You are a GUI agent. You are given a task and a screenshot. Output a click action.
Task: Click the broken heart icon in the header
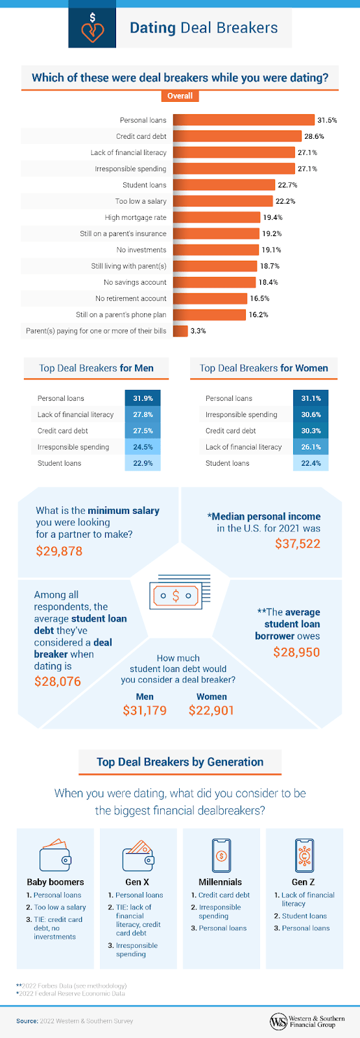(92, 27)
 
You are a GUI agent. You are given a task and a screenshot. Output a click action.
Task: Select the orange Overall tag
(180, 96)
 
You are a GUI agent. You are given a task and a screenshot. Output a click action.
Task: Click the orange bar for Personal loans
(243, 120)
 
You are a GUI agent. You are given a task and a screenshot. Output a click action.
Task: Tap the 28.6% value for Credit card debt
(314, 136)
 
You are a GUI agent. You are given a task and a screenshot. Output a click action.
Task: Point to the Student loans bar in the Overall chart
(223, 185)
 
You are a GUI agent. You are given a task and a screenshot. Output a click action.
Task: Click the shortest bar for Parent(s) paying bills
(180, 331)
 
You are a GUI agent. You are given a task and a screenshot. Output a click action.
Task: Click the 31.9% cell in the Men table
(143, 398)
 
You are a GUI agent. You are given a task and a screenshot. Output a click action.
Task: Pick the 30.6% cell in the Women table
(311, 415)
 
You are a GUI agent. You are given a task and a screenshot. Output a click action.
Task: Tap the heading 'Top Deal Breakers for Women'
(264, 368)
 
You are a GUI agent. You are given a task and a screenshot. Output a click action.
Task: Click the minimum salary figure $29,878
(59, 551)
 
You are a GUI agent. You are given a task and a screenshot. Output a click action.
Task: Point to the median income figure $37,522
(297, 544)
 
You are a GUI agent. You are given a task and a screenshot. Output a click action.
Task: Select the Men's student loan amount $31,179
(145, 710)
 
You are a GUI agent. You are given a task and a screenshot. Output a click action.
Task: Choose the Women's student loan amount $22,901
(211, 710)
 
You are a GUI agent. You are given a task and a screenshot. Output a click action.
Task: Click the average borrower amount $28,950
(296, 652)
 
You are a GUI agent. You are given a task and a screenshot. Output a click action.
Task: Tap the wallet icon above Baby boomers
(55, 855)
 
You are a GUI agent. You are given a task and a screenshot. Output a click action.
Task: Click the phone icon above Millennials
(221, 855)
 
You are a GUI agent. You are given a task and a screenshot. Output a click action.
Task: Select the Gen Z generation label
(304, 882)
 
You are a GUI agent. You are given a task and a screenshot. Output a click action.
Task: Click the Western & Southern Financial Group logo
(307, 1021)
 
